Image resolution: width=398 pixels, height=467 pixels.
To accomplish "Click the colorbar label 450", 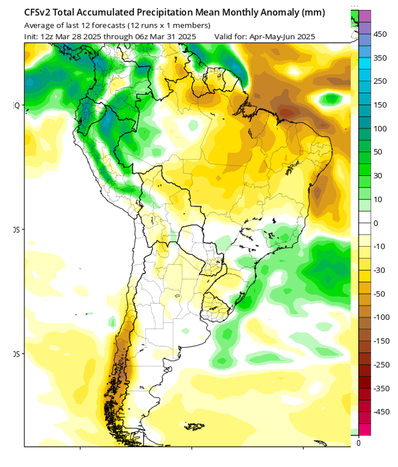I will point(380,34).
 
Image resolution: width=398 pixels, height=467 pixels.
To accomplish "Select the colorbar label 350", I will point(380,58).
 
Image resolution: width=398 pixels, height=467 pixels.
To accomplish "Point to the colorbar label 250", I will point(380,81).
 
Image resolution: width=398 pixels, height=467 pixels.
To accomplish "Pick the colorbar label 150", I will point(380,105).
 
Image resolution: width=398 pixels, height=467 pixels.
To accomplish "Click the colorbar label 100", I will point(380,129).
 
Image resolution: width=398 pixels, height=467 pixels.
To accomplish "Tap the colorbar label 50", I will point(378,152).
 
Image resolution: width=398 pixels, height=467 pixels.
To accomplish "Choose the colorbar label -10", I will point(379,247).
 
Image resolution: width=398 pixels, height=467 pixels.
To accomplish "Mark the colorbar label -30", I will point(379,270).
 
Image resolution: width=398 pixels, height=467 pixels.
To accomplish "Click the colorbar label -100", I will point(380,317).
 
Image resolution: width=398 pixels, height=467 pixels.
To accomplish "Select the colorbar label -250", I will point(380,364).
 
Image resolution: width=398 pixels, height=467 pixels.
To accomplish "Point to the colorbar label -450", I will point(380,411).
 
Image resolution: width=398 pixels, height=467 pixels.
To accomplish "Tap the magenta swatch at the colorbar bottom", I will point(365,430).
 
